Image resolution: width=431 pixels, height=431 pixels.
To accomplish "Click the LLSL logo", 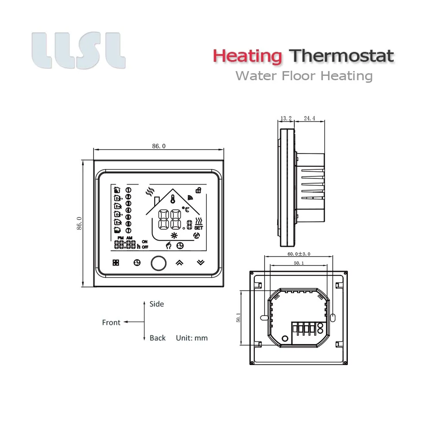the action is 78,50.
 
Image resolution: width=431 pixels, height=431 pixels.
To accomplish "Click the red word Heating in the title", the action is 247,56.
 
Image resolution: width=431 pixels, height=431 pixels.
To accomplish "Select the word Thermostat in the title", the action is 342,56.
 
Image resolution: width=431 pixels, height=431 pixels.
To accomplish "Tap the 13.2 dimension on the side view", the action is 286,118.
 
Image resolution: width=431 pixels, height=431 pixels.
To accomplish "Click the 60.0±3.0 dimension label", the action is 299,254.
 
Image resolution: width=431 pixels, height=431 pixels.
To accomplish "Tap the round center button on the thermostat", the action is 158,262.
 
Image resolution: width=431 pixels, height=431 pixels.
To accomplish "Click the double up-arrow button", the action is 179,262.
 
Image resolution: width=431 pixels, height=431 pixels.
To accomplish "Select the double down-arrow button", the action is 200,262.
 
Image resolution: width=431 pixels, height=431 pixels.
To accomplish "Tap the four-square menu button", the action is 116,262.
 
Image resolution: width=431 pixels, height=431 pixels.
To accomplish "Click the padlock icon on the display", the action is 198,190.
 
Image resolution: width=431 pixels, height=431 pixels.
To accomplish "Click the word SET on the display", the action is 199,228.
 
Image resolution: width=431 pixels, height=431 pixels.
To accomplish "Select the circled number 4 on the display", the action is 128,210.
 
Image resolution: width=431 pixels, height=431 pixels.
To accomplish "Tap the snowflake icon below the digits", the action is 175,235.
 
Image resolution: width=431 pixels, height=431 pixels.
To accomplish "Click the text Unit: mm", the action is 191,338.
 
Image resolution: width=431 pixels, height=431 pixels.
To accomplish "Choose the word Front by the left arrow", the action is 111,322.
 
